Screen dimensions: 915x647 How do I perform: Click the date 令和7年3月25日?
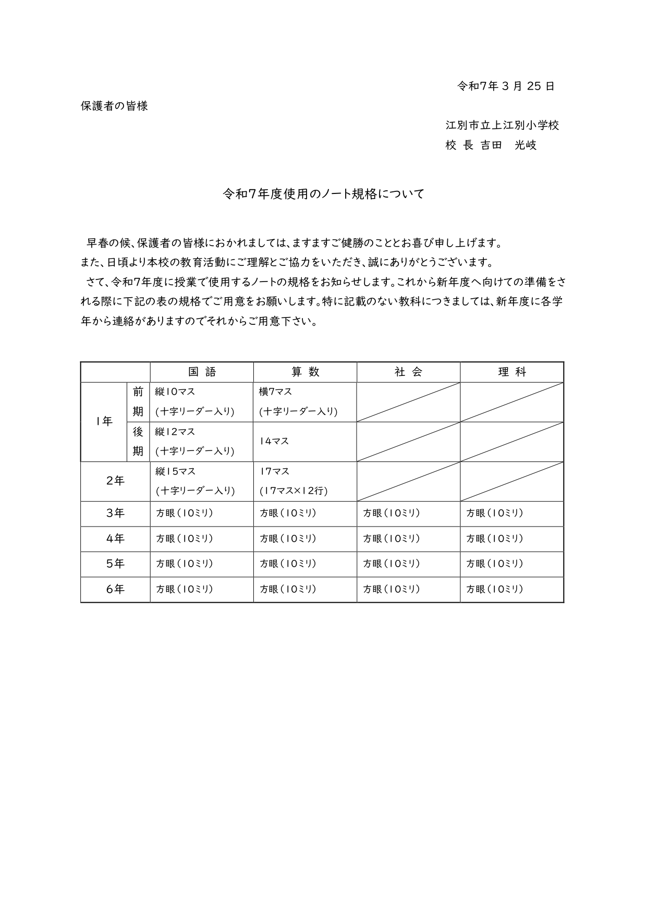coord(505,87)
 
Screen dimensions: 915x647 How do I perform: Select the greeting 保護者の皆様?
coord(114,106)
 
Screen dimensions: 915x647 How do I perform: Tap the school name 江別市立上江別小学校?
coord(502,125)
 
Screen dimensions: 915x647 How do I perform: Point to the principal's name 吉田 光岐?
coord(508,145)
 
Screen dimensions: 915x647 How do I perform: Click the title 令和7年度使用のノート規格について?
coord(323,194)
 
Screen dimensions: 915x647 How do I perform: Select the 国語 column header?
coord(202,372)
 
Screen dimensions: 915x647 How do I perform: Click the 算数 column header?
coord(305,372)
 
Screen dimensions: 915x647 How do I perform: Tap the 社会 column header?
coord(408,372)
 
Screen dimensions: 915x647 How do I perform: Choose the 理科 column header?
coord(511,372)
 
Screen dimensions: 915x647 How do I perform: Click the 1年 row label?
coord(104,422)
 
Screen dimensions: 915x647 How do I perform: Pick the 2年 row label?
coord(115,481)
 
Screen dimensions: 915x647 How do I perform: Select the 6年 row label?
coord(115,589)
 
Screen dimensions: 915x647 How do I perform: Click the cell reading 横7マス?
coord(275,392)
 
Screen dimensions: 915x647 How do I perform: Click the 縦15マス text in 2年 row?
coord(176,471)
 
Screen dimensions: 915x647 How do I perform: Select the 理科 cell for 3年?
coord(495,514)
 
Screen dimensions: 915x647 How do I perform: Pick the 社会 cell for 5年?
coord(392,564)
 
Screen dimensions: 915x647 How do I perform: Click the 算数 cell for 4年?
coord(288,539)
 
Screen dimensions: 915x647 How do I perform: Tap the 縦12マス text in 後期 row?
coord(176,432)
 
